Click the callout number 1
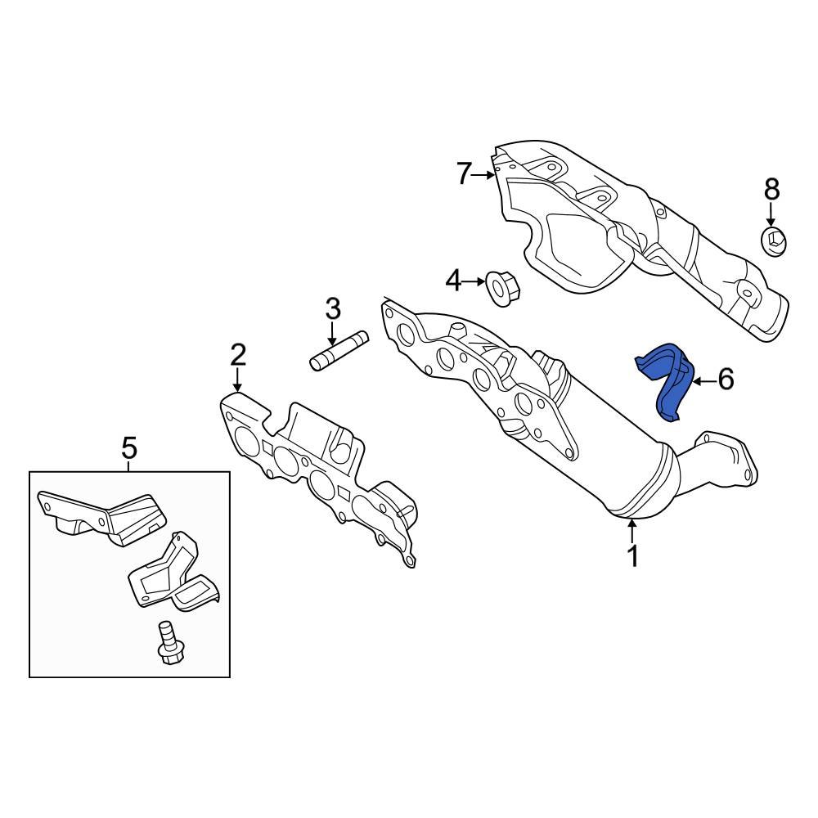[x=631, y=556]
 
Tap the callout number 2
[x=237, y=355]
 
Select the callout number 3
[x=332, y=309]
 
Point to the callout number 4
[x=453, y=281]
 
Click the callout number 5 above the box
[x=129, y=447]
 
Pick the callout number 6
[x=725, y=379]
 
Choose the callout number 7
[x=465, y=173]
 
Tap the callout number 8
[x=771, y=191]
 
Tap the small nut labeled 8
[x=774, y=240]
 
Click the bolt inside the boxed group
[x=169, y=643]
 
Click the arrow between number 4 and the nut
[x=474, y=281]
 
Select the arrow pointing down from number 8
[x=771, y=216]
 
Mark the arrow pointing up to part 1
[x=631, y=532]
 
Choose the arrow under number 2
[x=237, y=380]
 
